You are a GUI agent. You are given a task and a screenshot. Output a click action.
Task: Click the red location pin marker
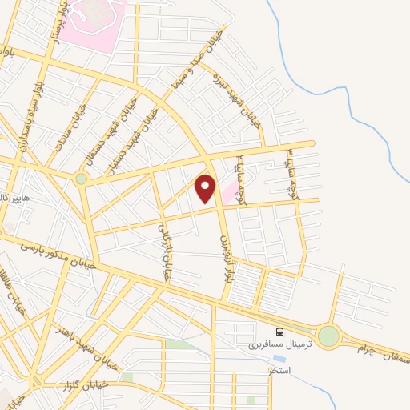coord(207,187)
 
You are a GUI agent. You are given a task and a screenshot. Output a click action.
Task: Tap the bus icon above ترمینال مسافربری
coord(279,331)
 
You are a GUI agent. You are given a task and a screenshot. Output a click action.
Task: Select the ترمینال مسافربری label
coord(264,344)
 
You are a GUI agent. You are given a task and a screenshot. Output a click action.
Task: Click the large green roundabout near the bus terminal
coord(328,336)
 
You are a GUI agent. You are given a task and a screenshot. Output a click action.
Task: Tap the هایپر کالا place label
coord(14,198)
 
